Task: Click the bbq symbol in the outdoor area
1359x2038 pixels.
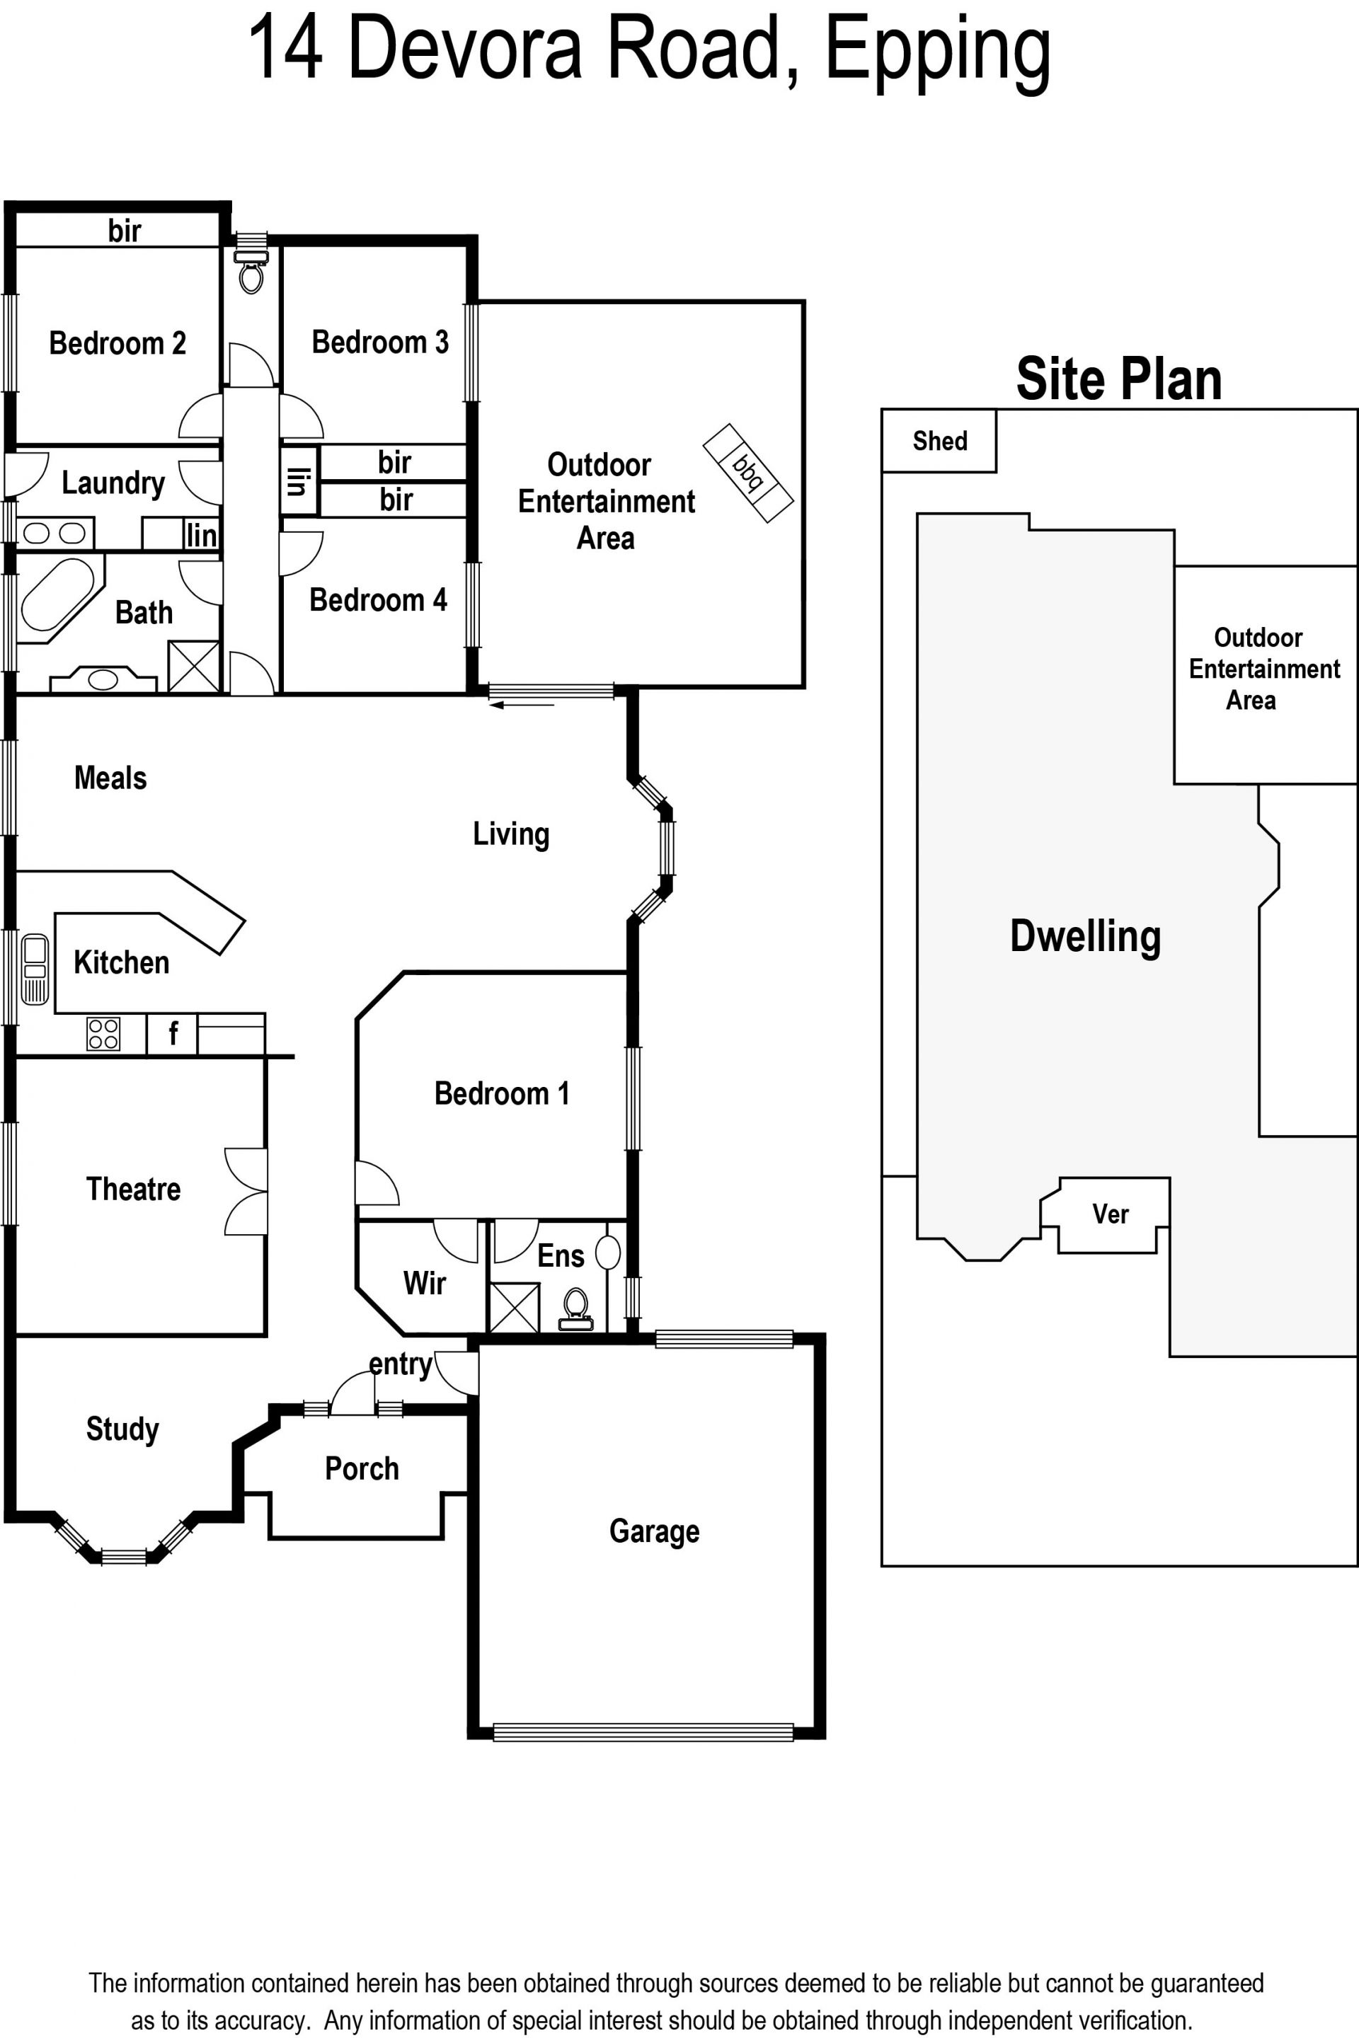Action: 748,473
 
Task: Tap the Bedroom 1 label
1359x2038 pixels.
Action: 502,1093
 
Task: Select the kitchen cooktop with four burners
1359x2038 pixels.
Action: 103,1034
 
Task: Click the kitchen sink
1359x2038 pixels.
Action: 35,969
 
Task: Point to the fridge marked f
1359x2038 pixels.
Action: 173,1034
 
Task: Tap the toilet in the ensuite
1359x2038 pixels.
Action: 576,1308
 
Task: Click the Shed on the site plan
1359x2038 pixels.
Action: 939,441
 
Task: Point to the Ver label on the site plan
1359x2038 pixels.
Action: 1111,1214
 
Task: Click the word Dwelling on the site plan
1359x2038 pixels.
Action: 1085,937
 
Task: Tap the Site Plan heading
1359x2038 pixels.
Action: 1119,379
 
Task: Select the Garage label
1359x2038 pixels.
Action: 654,1531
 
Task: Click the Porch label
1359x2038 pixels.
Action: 362,1469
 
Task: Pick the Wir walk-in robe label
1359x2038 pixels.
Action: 425,1283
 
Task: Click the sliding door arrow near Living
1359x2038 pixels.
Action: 522,706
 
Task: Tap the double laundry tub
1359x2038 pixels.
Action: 54,533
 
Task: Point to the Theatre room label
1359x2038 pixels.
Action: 134,1189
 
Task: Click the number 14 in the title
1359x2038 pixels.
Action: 285,50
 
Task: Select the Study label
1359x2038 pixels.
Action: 122,1429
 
